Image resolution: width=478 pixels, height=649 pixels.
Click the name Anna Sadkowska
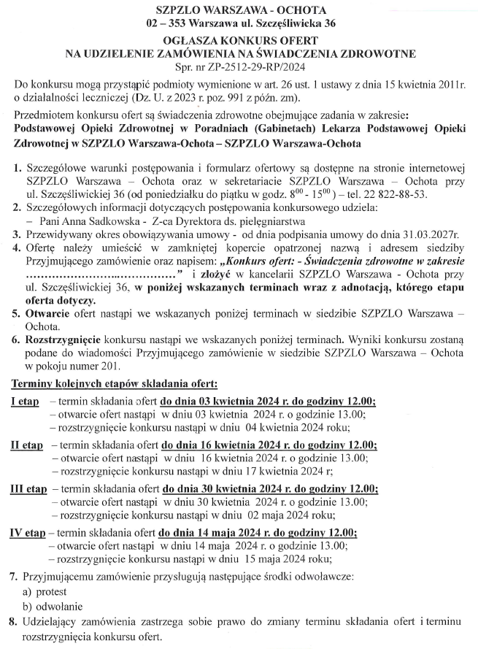(91, 220)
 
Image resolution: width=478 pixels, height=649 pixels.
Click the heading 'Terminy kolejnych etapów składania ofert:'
(113, 383)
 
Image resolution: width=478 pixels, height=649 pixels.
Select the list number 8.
(13, 621)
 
